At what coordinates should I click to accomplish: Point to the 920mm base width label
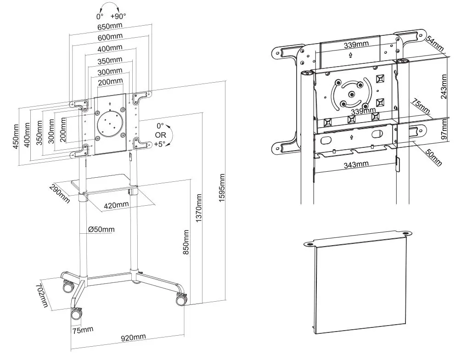pyautogui.click(x=133, y=337)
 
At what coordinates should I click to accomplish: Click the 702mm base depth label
pyautogui.click(x=44, y=295)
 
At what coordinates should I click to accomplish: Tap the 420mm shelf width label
pyautogui.click(x=116, y=205)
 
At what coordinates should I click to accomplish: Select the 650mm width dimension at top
pyautogui.click(x=110, y=27)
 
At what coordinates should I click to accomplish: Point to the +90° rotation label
pyautogui.click(x=118, y=16)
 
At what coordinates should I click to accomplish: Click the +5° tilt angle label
pyautogui.click(x=160, y=144)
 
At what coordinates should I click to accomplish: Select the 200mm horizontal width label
pyautogui.click(x=110, y=81)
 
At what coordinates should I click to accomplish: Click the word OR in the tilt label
pyautogui.click(x=160, y=135)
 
